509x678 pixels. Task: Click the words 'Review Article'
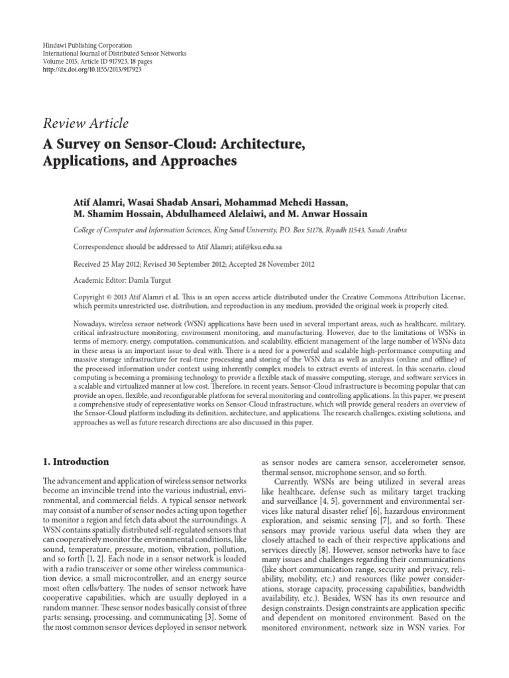(85, 123)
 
